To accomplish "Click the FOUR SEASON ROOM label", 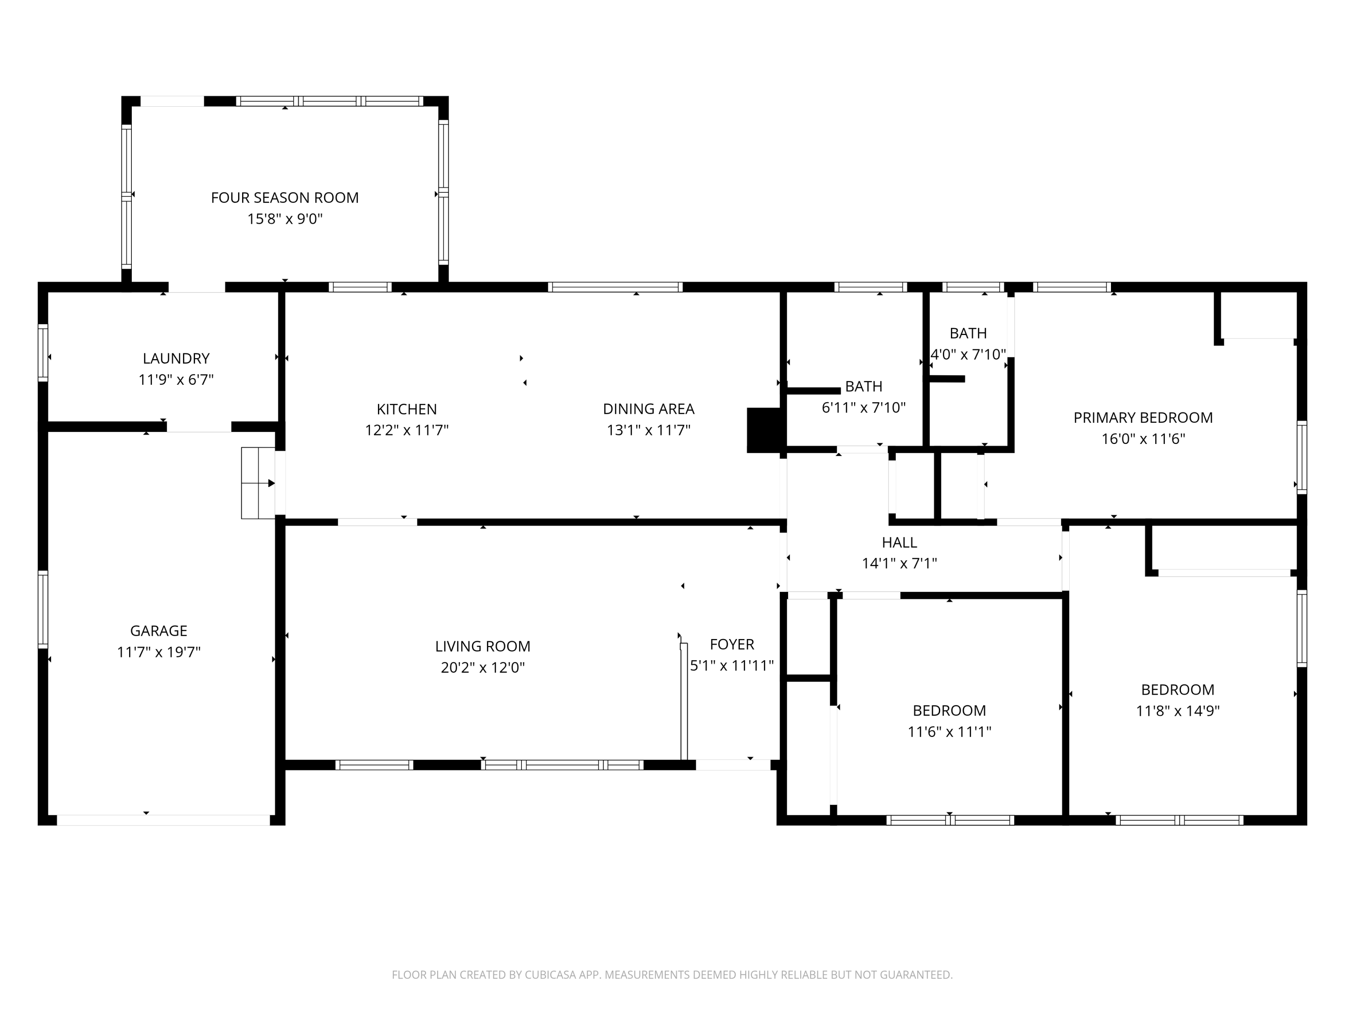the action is click(285, 198).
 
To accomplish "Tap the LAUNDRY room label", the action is click(176, 358).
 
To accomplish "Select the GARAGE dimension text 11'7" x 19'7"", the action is click(159, 652).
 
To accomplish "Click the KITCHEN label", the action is click(407, 409).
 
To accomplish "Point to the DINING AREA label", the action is click(649, 409).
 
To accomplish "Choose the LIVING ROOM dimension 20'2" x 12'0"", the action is click(483, 668).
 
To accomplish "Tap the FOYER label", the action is click(732, 644).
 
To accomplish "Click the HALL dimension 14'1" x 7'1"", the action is click(899, 563).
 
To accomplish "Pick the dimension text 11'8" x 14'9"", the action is click(1178, 710).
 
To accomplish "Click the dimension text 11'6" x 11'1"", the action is click(949, 732).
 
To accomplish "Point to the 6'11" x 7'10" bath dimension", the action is click(863, 408).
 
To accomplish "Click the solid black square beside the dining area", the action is click(764, 430).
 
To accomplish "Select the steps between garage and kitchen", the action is click(258, 483).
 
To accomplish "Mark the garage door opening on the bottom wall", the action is click(163, 820).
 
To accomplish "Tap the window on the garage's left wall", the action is click(43, 609).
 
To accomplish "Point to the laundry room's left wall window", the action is click(43, 353).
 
